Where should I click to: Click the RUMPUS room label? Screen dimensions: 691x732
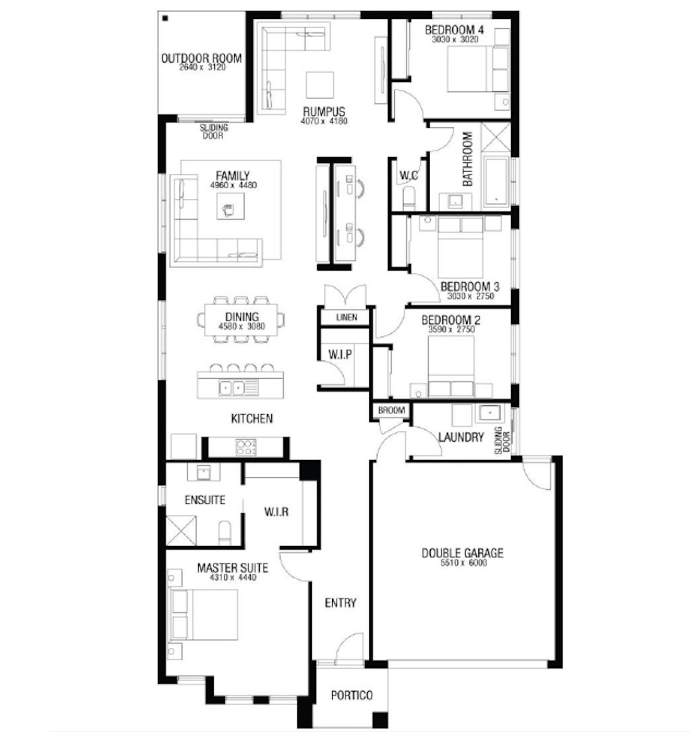tap(324, 111)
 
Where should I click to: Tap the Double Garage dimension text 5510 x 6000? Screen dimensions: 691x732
tap(463, 563)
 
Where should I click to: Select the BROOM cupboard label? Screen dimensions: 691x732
tap(391, 410)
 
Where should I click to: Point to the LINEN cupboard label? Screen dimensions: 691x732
tap(347, 317)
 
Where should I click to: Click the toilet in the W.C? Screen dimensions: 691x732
tap(409, 198)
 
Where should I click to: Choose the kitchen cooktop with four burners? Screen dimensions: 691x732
tap(246, 447)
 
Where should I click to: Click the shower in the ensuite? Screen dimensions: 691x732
tap(181, 530)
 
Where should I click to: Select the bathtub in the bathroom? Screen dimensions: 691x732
tap(496, 181)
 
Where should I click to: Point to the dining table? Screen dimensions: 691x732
tap(241, 320)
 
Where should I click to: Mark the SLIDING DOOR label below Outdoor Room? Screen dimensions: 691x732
tap(214, 132)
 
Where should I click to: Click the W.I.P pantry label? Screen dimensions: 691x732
tap(339, 354)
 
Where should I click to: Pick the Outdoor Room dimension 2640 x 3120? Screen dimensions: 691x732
tap(203, 68)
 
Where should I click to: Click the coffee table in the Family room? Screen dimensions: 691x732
tap(230, 206)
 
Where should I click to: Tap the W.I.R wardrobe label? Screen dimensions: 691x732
tap(276, 512)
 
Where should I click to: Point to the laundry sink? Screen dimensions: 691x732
tap(489, 413)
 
